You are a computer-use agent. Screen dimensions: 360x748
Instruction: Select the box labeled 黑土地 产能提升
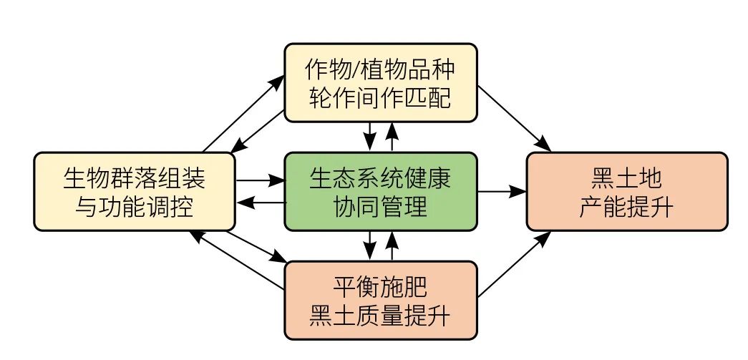[627, 191]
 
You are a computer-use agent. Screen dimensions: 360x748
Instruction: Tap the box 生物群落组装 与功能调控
[135, 191]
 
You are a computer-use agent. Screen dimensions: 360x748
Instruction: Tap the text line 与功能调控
[135, 207]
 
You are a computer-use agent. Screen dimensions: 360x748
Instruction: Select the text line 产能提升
[627, 207]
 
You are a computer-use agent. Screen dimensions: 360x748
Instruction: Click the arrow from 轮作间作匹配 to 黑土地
[514, 117]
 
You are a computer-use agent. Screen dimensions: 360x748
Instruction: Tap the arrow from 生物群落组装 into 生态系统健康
[259, 180]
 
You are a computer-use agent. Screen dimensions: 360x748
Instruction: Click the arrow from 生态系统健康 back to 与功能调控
[259, 203]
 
